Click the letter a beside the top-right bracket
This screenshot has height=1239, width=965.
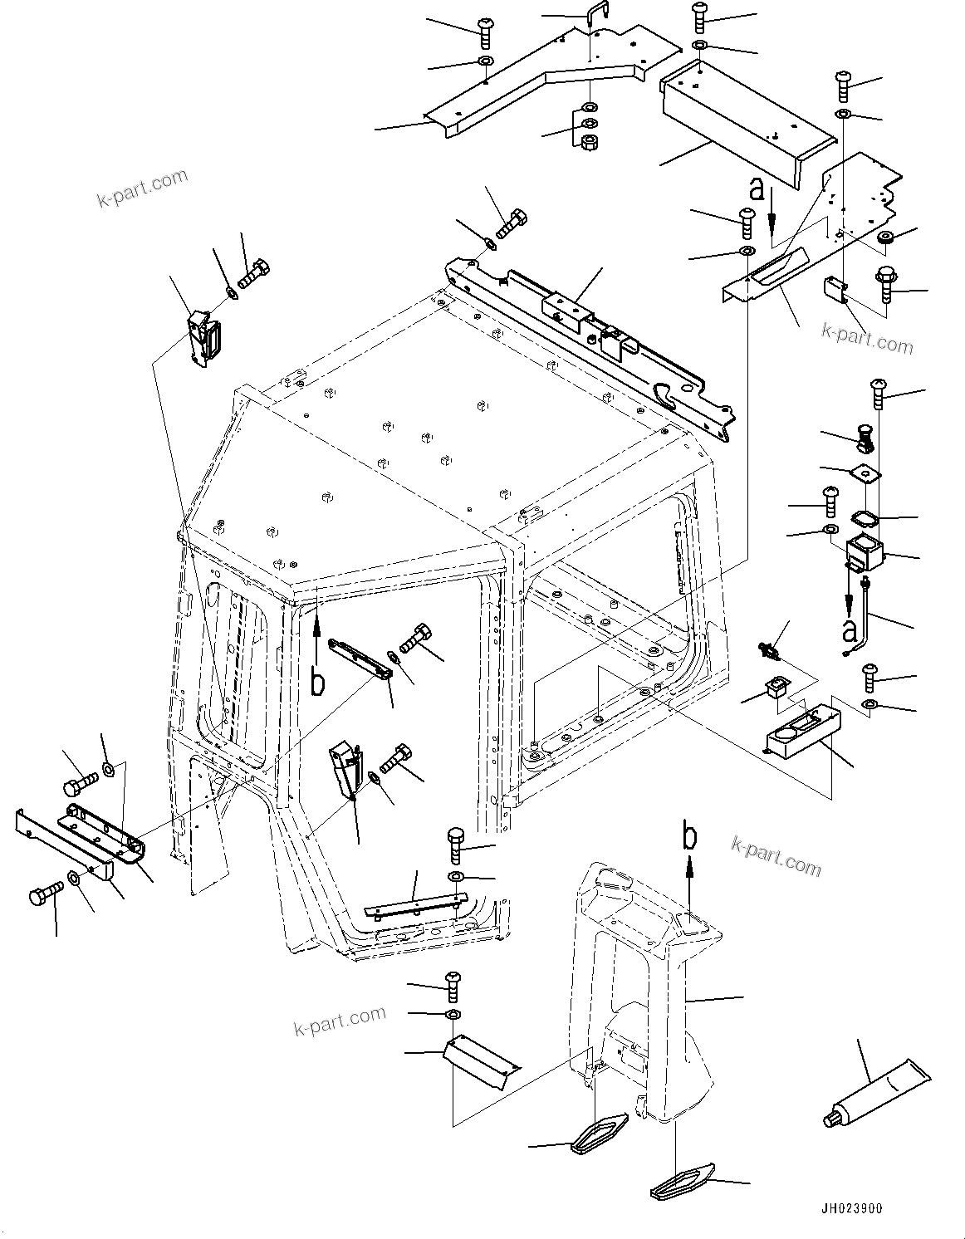pyautogui.click(x=757, y=189)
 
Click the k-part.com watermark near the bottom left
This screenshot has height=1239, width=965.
pyautogui.click(x=340, y=1021)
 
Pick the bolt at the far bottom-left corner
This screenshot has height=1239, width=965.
pyautogui.click(x=43, y=898)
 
